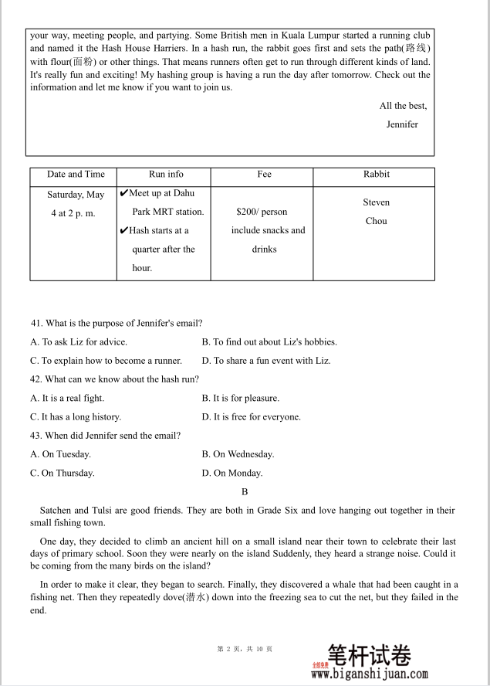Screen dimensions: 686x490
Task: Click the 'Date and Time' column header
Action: pos(76,175)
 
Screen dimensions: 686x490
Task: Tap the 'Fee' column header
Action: pos(264,175)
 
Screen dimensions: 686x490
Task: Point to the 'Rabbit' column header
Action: pos(377,175)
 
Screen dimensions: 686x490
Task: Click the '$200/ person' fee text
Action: pos(262,212)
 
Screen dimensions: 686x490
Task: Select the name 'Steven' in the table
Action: pos(377,202)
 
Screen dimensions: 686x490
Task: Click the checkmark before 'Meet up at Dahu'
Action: pos(123,193)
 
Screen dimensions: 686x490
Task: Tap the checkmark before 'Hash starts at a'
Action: pos(123,230)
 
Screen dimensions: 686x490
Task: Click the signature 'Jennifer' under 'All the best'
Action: pos(402,124)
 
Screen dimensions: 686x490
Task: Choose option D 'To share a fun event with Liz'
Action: pos(266,361)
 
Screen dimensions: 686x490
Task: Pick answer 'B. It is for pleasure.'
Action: pos(241,399)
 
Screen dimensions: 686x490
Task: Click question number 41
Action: pos(36,323)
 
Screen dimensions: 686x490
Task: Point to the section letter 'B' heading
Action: pos(245,492)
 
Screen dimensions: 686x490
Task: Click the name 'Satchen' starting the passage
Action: pos(55,511)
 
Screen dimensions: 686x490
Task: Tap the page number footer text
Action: pos(245,649)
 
